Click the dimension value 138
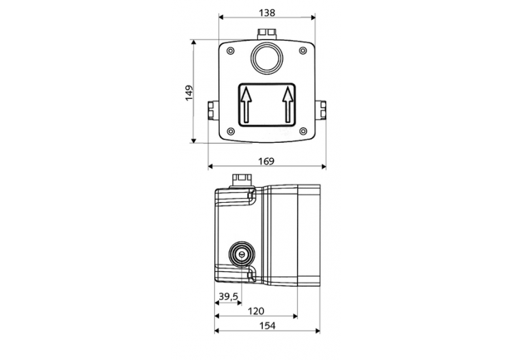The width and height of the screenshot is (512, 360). pos(266,12)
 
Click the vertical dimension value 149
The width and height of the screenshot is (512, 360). pos(189,92)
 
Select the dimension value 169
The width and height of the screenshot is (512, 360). pos(266,161)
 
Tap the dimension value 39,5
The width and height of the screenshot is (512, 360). pos(228,296)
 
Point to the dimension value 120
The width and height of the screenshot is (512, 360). pos(255,310)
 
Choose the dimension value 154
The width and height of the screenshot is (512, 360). pos(267,326)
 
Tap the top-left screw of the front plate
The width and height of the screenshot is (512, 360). pos(230,51)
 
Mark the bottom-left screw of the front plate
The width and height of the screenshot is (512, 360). pos(230,131)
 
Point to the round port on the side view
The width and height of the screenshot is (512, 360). pos(240,252)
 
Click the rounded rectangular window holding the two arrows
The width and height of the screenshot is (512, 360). pos(267,105)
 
